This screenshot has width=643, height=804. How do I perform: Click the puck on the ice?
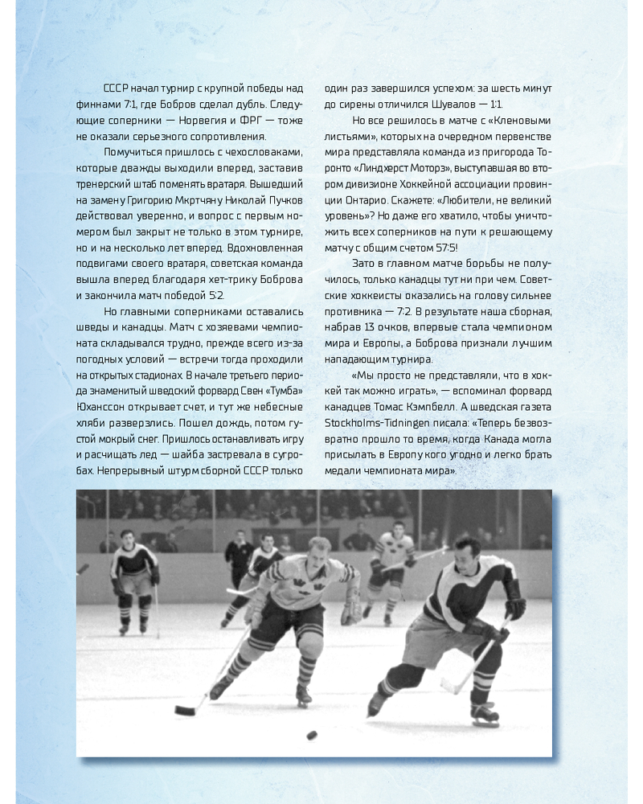pyautogui.click(x=311, y=735)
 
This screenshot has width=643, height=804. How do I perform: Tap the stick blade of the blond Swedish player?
pyautogui.click(x=186, y=711)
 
